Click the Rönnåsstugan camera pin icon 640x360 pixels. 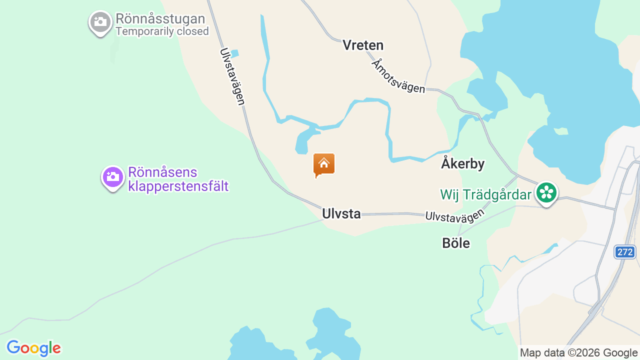click(100, 22)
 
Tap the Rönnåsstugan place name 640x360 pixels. click(160, 19)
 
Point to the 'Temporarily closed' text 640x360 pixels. click(162, 31)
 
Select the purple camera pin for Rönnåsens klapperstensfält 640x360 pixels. click(113, 177)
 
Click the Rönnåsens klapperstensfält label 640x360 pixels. click(178, 179)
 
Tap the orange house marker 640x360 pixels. click(324, 164)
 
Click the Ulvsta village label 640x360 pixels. click(341, 214)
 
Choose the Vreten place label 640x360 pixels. click(363, 45)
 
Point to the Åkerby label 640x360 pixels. click(462, 163)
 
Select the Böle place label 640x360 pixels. click(456, 243)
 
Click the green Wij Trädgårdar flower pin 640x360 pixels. click(547, 192)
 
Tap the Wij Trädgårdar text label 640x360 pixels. click(485, 194)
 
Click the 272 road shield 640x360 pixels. click(625, 252)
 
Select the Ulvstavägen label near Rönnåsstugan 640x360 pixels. click(232, 76)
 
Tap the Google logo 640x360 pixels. click(33, 348)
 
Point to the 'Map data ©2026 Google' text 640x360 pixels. click(578, 353)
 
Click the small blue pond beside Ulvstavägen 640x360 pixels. click(234, 53)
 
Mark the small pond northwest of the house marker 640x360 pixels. click(303, 142)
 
